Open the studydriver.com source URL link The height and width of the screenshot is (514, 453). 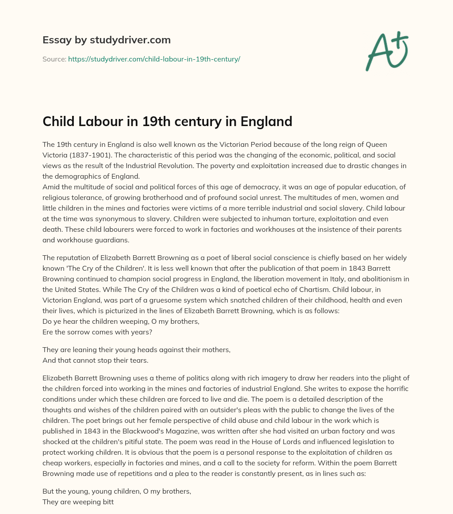click(154, 59)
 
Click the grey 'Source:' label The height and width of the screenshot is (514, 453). click(54, 59)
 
